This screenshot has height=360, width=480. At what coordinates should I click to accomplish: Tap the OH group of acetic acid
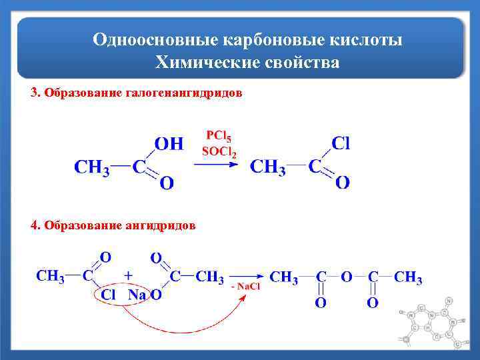pos(168,143)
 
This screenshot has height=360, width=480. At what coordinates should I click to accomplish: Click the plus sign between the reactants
pos(127,275)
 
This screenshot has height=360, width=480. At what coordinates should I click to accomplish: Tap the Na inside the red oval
pos(137,295)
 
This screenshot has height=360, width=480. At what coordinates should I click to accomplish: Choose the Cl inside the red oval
pos(109,295)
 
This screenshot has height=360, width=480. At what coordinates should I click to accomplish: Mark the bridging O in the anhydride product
pos(346,277)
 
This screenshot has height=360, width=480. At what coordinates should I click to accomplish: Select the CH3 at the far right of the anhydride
pos(408,277)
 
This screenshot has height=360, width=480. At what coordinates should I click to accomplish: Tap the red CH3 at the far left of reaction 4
pos(50,276)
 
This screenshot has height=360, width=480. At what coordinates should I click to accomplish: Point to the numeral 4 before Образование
pos(34,225)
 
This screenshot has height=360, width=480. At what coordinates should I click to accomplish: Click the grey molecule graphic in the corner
pos(433,327)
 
